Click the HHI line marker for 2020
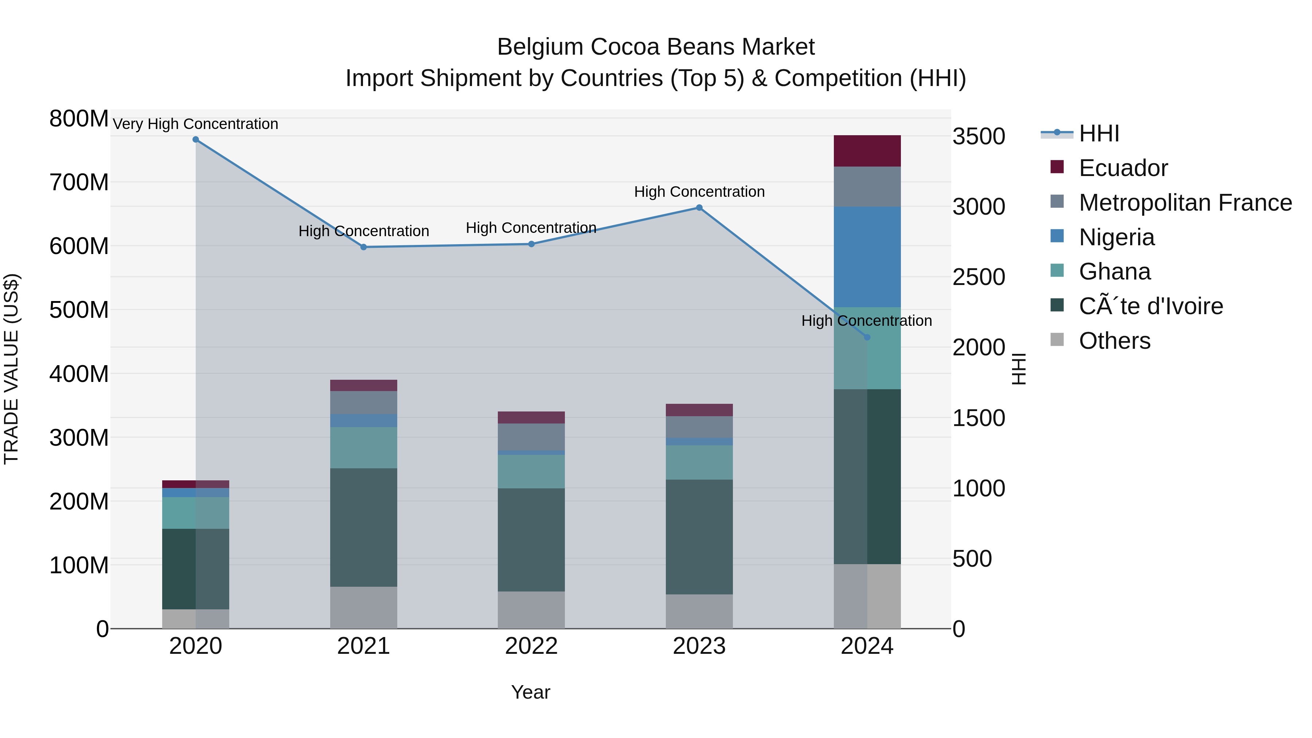[x=196, y=140]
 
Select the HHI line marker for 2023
[x=699, y=208]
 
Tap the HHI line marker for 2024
[x=867, y=337]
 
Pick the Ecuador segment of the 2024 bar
[x=867, y=151]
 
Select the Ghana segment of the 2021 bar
[x=364, y=448]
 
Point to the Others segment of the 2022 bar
[x=531, y=610]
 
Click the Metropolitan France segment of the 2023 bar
[x=699, y=427]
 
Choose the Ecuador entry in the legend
[x=1123, y=168]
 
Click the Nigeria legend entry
[x=1116, y=237]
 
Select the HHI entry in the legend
[x=1099, y=133]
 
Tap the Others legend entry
[x=1114, y=341]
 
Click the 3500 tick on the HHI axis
[x=979, y=137]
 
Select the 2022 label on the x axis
[x=531, y=646]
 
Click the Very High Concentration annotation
[x=196, y=124]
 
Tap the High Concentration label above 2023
[x=699, y=192]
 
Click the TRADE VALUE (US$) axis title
[x=12, y=369]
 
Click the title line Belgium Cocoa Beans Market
[x=656, y=47]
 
